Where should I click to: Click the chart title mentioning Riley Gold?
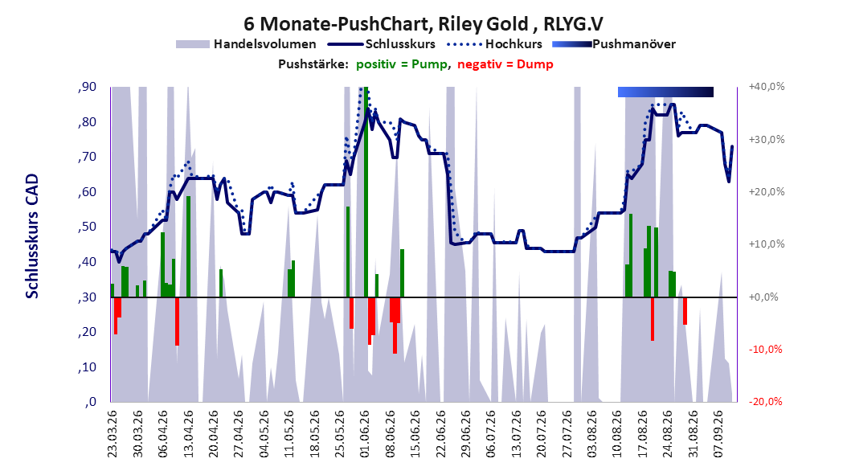423,24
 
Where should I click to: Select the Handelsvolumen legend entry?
246,44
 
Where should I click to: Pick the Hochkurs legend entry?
494,44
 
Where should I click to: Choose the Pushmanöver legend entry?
614,44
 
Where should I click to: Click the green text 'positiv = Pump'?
402,64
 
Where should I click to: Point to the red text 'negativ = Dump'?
505,64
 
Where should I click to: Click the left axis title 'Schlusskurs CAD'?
32,236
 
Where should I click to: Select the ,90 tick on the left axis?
87,87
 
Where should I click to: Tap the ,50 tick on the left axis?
87,227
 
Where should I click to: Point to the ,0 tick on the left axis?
90,402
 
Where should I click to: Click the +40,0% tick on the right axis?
767,87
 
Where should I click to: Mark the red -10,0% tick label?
765,350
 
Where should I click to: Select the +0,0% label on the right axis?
763,297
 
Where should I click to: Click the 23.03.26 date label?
113,434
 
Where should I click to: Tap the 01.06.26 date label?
365,434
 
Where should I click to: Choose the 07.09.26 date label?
718,434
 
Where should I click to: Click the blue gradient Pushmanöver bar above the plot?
665,92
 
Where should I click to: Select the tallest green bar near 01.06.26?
366,192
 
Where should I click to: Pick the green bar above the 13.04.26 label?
189,246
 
